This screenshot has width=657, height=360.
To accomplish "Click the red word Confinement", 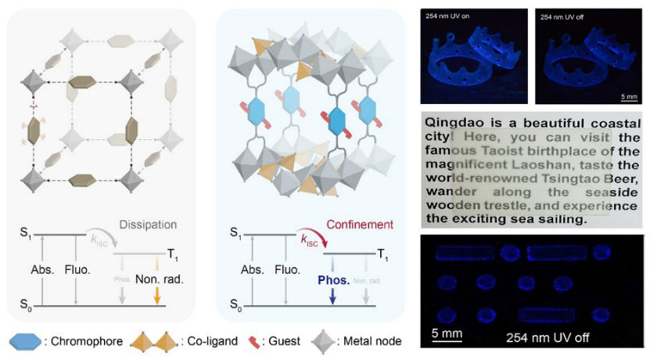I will click(361, 225).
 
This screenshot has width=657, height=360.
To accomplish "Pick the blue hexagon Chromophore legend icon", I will click(25, 342).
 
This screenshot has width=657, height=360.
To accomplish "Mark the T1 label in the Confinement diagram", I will click(381, 253).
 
